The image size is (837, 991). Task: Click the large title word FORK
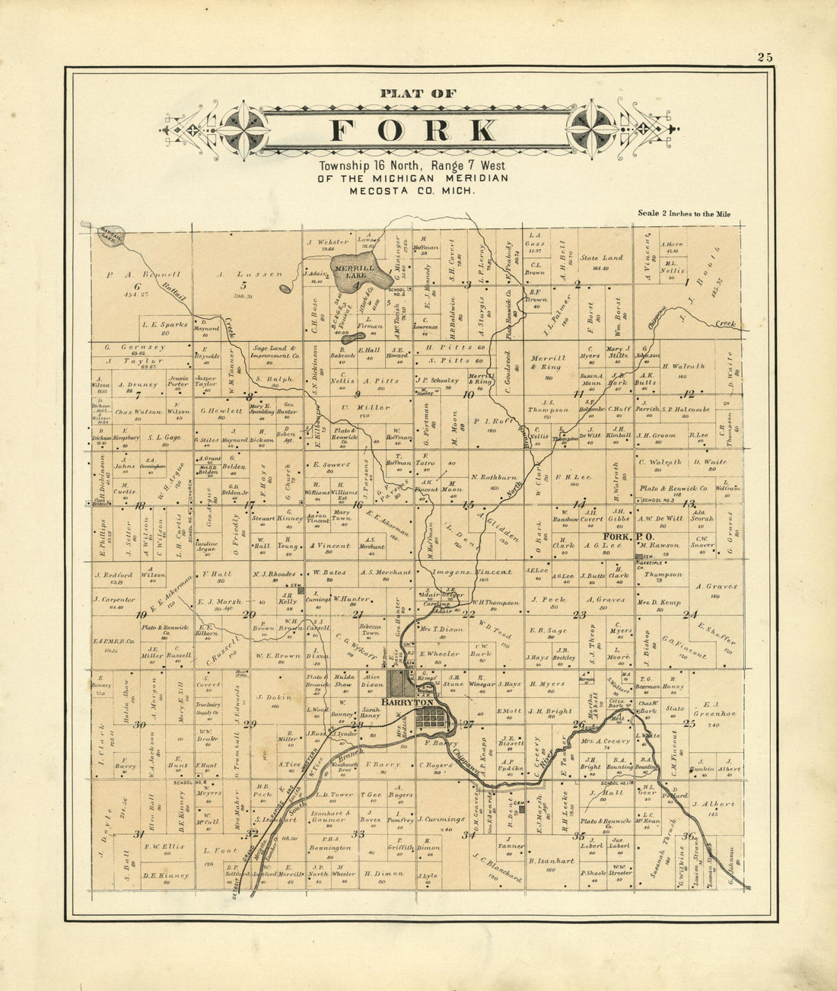click(x=414, y=130)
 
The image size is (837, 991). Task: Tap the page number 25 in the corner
click(x=765, y=57)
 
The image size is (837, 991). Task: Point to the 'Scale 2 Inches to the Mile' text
click(x=683, y=214)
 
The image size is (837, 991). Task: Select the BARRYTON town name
click(x=407, y=702)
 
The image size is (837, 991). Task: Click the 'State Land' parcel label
click(x=600, y=257)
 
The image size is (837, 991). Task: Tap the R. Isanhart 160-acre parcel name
click(x=551, y=861)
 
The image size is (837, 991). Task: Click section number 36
click(x=688, y=836)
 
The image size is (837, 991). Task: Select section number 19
click(x=141, y=615)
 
